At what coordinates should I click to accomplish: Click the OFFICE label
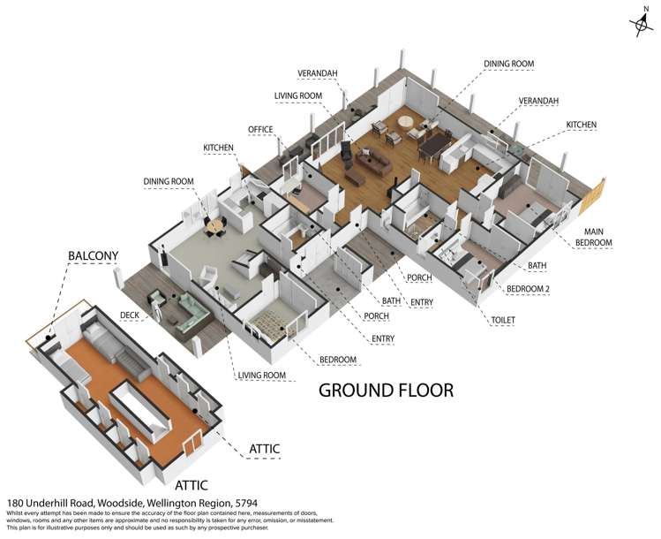(260, 129)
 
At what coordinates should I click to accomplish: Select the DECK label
(130, 315)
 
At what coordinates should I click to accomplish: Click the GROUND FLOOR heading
(386, 390)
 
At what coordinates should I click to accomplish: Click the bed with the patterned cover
(268, 322)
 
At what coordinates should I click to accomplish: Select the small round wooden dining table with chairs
(215, 226)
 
